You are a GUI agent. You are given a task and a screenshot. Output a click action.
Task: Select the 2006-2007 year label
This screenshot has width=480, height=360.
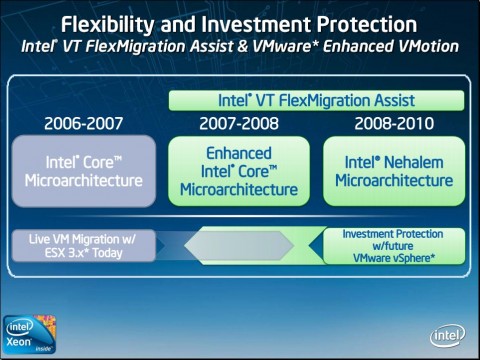pyautogui.click(x=84, y=124)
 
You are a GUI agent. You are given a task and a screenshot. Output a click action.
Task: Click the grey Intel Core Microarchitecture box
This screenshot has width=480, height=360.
pyautogui.click(x=84, y=171)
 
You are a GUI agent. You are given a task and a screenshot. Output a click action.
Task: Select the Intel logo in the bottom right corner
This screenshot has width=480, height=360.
pyautogui.click(x=447, y=336)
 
